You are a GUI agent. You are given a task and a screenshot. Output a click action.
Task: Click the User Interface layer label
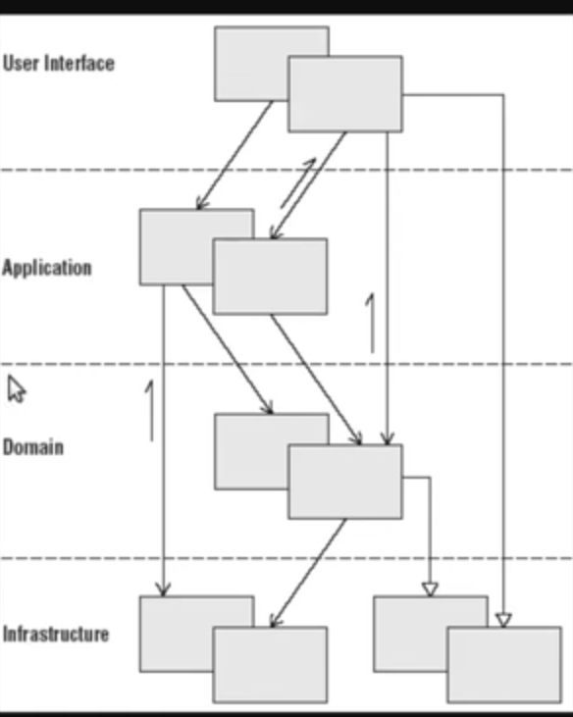pyautogui.click(x=59, y=63)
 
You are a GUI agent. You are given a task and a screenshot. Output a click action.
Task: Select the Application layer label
pyautogui.click(x=47, y=268)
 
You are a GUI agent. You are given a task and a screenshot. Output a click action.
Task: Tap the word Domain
pyautogui.click(x=33, y=446)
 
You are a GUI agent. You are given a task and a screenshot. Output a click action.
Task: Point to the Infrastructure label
pyautogui.click(x=56, y=634)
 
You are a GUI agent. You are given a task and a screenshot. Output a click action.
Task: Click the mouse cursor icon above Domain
pyautogui.click(x=16, y=389)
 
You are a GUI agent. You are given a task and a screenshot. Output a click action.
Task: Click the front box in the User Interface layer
pyautogui.click(x=345, y=94)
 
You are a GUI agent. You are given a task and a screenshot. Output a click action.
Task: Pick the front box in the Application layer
pyautogui.click(x=270, y=277)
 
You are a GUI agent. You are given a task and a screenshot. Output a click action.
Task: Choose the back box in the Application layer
pyautogui.click(x=176, y=247)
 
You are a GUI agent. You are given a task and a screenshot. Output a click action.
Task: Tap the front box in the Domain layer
pyautogui.click(x=345, y=482)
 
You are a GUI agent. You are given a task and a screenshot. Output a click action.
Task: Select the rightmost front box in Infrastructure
pyautogui.click(x=504, y=664)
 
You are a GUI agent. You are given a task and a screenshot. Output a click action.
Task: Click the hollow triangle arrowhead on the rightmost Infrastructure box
pyautogui.click(x=503, y=620)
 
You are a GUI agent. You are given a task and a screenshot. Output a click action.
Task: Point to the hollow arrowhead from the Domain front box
pyautogui.click(x=430, y=589)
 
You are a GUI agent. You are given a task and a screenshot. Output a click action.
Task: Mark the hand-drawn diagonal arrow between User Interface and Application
pyautogui.click(x=298, y=182)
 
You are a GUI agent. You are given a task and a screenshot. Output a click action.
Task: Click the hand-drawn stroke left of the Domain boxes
pyautogui.click(x=150, y=411)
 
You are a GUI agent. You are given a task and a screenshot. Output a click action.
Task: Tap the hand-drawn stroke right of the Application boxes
pyautogui.click(x=371, y=323)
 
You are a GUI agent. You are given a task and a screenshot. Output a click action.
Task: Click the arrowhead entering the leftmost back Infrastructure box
pyautogui.click(x=163, y=589)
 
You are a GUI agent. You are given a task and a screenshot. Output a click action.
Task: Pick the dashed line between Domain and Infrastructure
pyautogui.click(x=286, y=558)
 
